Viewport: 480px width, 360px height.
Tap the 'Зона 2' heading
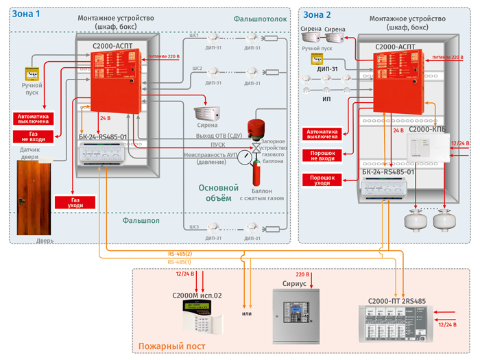pyautogui.click(x=318, y=14)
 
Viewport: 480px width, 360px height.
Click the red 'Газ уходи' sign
pyautogui.click(x=75, y=201)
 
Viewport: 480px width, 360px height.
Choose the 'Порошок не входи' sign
pyautogui.click(x=322, y=154)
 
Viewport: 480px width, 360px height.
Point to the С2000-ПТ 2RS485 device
pyautogui.click(x=396, y=324)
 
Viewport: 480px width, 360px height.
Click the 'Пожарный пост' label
pyautogui.click(x=171, y=347)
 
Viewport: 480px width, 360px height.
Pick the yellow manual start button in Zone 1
pyautogui.click(x=32, y=73)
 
